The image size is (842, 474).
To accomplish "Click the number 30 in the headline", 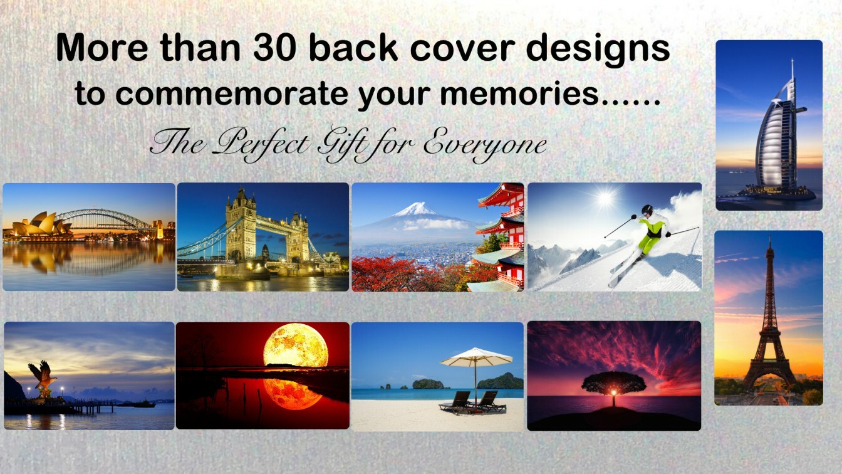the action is click(274, 48).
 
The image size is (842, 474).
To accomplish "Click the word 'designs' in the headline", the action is click(598, 51).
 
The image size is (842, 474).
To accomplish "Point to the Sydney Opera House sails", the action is click(41, 224).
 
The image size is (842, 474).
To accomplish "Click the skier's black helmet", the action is click(647, 210).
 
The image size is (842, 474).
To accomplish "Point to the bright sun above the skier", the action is click(605, 198).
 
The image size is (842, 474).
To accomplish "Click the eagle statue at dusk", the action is click(43, 377).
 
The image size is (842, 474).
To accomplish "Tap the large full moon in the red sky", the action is click(296, 345).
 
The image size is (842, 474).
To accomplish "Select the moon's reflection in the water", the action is click(292, 394).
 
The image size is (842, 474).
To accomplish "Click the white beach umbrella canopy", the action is click(476, 357).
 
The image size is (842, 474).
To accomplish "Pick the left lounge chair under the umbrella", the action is click(455, 402).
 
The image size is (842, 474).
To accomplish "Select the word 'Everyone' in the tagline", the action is click(485, 145).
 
